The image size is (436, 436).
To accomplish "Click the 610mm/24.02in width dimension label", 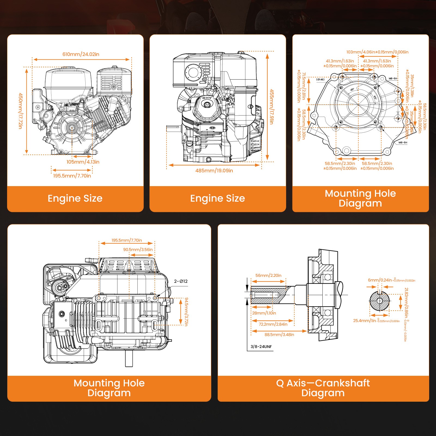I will coord(81,54).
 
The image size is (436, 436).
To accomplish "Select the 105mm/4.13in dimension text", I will coord(83,162).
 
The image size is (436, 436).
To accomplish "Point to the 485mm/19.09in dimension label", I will coord(214,171).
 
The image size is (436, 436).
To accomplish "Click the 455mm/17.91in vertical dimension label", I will coord(271,107).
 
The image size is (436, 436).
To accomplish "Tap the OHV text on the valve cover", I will coord(207,98).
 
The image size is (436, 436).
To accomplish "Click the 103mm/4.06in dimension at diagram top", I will coord(377,52).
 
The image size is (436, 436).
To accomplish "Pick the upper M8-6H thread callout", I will coord(393,78).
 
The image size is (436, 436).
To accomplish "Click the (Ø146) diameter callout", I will coord(320,80).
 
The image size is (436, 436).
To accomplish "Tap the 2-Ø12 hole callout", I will coord(181,281).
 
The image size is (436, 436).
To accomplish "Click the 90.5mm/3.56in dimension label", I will coord(138,250).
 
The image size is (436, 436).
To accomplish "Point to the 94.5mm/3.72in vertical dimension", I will coord(186,312).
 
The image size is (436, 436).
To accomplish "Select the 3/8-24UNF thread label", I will coord(261,347).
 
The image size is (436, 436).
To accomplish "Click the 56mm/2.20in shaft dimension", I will coord(268,275).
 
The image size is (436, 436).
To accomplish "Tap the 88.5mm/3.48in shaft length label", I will coord(279,335).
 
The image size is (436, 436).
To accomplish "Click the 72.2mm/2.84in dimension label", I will coord(273,324).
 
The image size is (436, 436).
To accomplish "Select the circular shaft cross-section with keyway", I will coord(380,301).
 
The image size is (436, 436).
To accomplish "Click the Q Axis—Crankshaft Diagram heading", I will coord(323,388).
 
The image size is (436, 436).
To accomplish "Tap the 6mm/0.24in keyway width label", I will coord(380,280).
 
